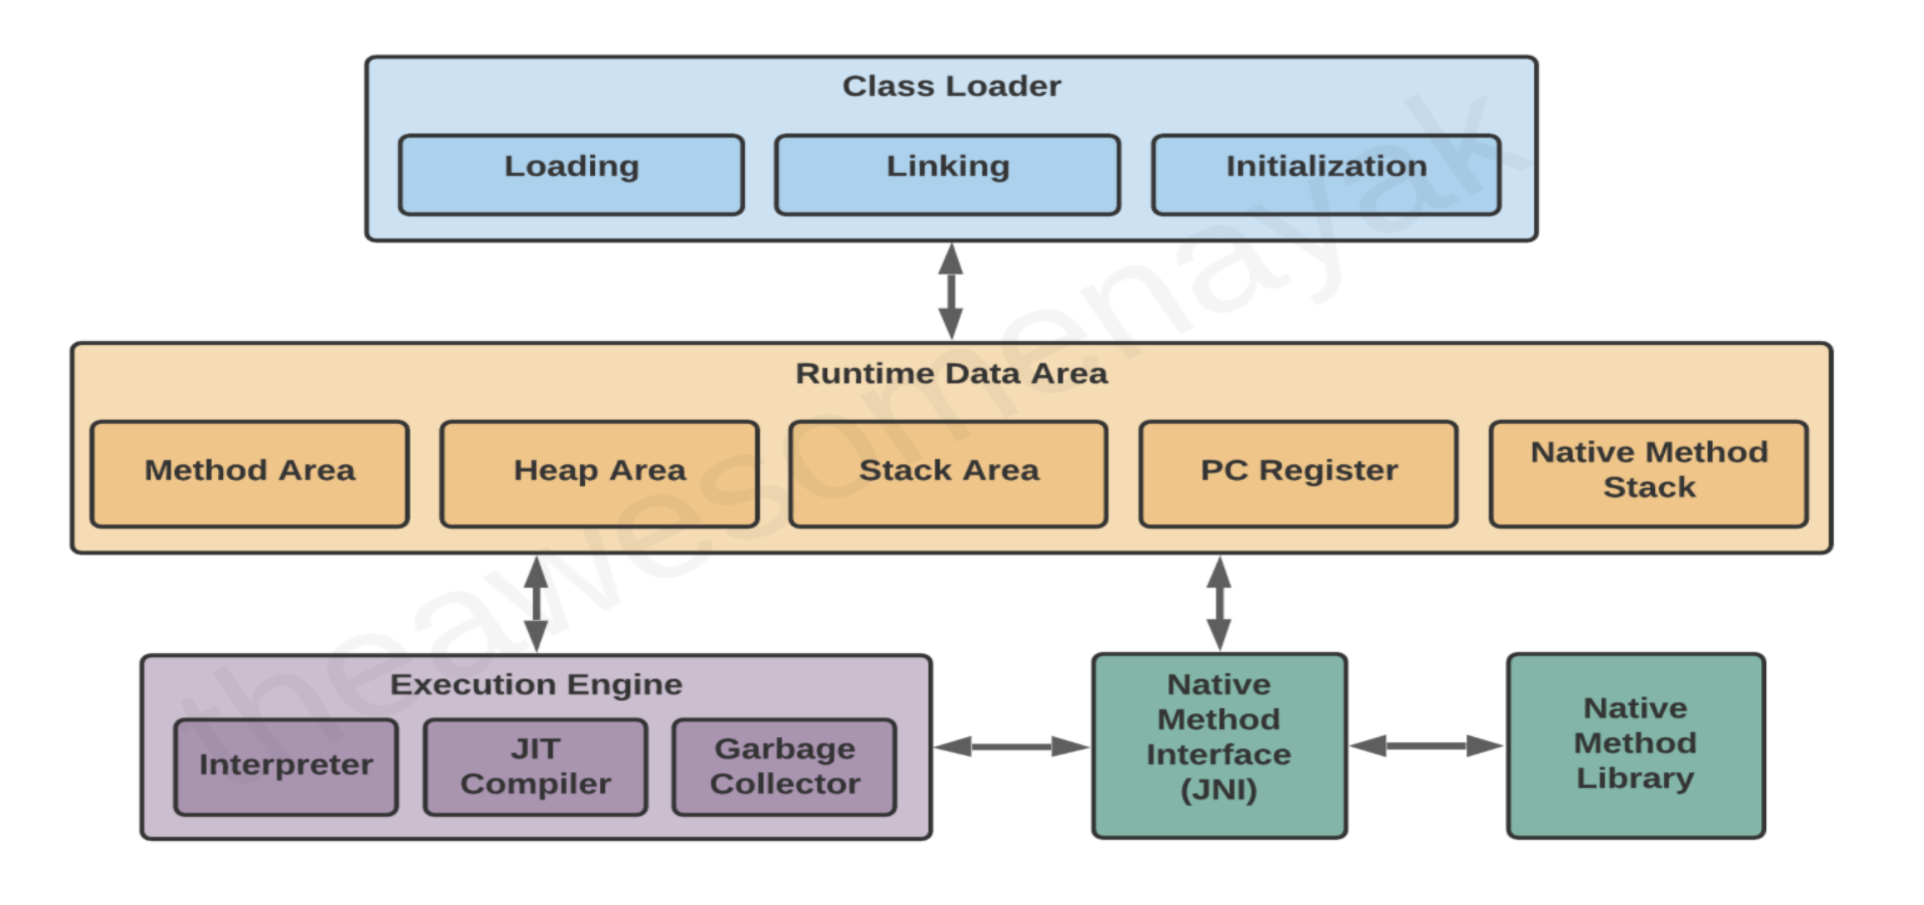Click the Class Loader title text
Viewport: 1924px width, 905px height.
(x=951, y=87)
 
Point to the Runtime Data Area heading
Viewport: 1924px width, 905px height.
(x=951, y=373)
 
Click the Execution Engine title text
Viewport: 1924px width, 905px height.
(x=537, y=685)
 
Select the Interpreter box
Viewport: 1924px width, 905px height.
(x=286, y=767)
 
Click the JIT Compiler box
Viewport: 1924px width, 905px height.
(x=535, y=767)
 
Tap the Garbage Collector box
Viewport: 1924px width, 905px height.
(x=784, y=767)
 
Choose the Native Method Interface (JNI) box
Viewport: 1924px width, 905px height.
(x=1219, y=745)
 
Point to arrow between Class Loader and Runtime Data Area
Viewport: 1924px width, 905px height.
(x=951, y=291)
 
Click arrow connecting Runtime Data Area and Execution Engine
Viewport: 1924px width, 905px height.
(x=537, y=603)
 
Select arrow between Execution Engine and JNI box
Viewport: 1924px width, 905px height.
(x=1012, y=746)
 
